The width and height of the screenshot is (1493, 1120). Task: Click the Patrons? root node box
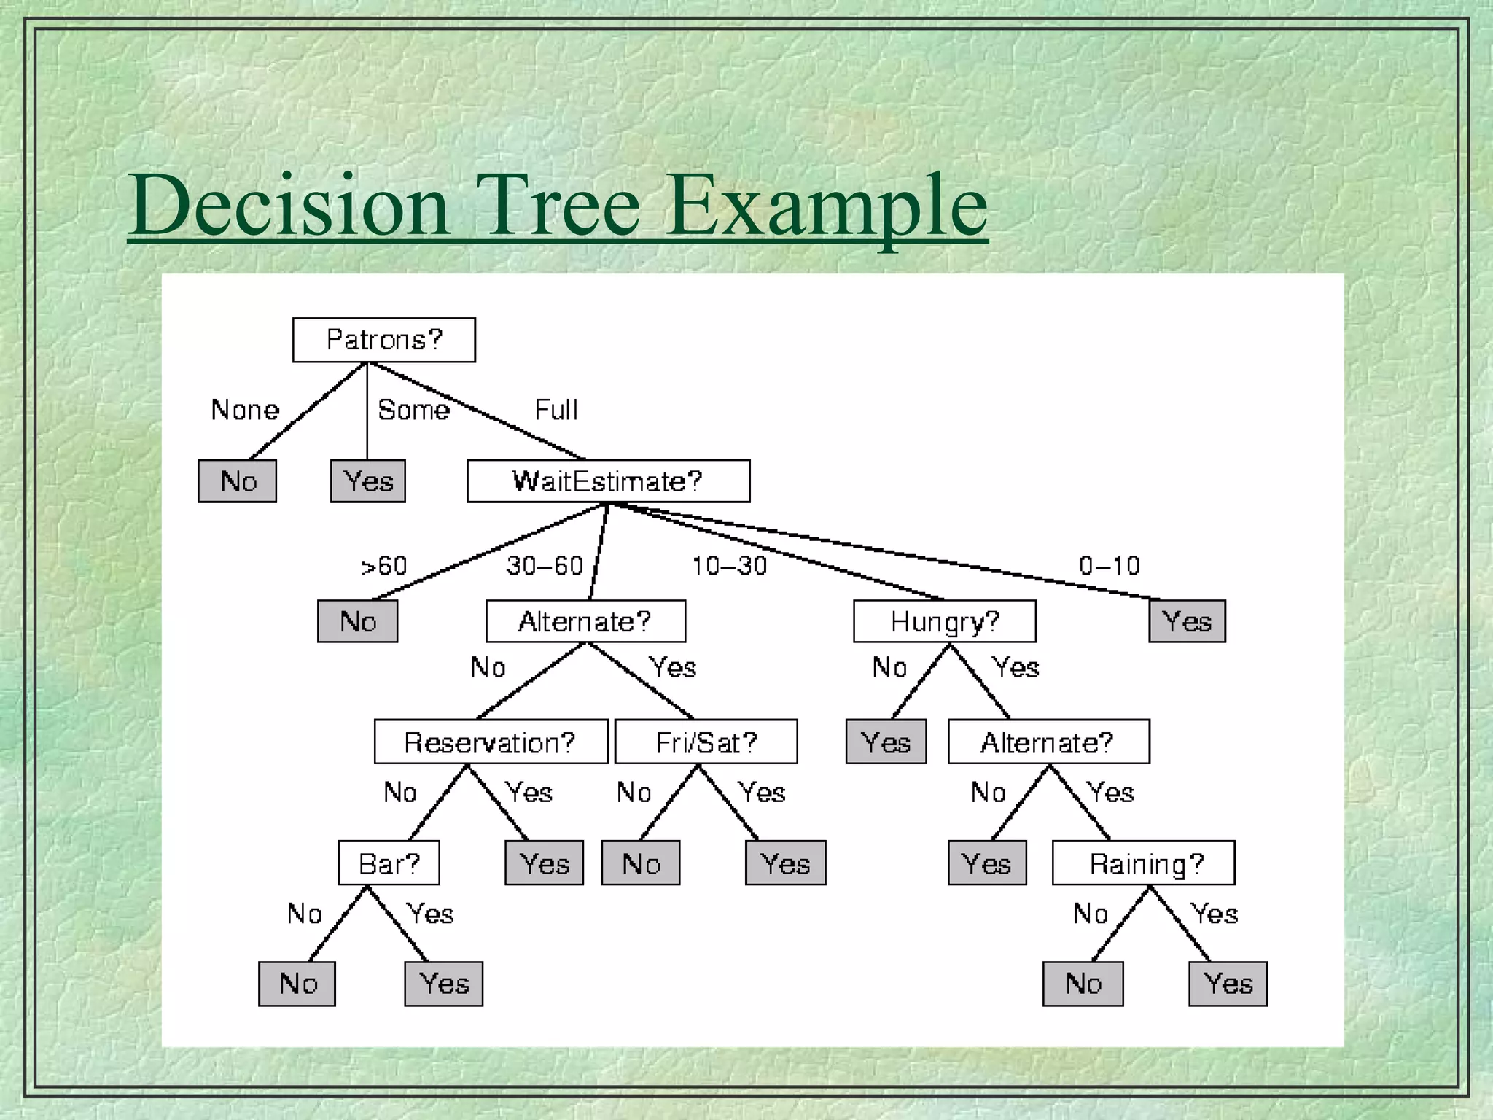pos(383,340)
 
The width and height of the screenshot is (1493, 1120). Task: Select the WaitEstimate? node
pos(608,481)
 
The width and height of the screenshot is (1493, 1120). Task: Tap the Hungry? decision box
pos(944,621)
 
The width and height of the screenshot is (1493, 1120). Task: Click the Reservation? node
pos(491,742)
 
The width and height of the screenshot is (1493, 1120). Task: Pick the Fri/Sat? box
pos(706,742)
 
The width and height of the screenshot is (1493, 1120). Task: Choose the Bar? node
pos(389,863)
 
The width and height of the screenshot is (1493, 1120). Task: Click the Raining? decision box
pos(1143,863)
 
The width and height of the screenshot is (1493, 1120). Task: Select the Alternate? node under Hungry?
pos(1048,742)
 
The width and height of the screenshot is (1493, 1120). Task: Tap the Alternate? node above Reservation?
pos(585,621)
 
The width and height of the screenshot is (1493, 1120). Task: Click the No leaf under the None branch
pos(237,481)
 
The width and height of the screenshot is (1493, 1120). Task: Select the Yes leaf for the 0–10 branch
pos(1187,621)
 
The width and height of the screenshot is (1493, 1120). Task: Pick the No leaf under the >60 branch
pos(357,621)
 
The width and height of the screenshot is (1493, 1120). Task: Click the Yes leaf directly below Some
pos(367,481)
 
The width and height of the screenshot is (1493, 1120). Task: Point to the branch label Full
pos(556,410)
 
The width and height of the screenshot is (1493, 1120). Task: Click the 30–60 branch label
pos(545,566)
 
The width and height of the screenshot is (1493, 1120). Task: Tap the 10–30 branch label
pos(729,566)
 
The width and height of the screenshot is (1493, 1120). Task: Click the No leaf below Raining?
pos(1083,984)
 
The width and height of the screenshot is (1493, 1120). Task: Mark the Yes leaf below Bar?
pos(443,984)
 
